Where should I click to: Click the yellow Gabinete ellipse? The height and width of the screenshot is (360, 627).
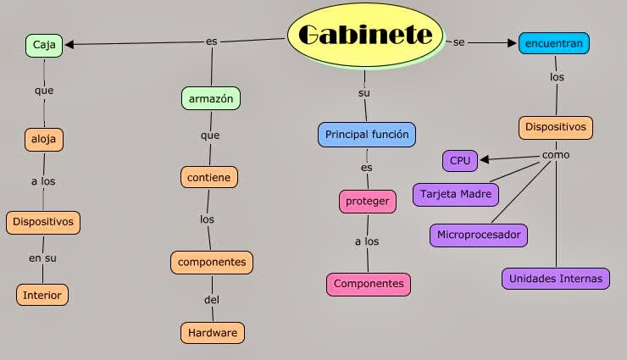(x=365, y=34)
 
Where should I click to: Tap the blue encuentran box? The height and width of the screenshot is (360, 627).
(x=554, y=43)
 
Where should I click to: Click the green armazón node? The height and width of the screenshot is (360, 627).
(x=211, y=98)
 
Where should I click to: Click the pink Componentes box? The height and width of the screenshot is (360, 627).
(x=369, y=284)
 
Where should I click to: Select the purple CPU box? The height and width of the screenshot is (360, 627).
(x=460, y=159)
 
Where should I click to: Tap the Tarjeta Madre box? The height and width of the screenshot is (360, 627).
(x=456, y=193)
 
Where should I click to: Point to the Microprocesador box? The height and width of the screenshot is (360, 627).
(x=479, y=235)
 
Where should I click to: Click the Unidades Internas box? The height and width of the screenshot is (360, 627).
(x=555, y=278)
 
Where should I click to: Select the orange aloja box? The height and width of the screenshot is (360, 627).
(x=43, y=138)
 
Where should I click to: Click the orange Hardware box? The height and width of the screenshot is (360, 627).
(x=213, y=332)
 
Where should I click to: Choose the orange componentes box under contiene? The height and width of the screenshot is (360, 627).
(x=212, y=262)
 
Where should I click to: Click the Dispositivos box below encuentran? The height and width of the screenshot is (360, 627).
(x=555, y=127)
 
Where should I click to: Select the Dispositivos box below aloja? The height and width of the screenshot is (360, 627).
(x=43, y=222)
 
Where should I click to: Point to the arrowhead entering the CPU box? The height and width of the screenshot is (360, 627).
(x=484, y=158)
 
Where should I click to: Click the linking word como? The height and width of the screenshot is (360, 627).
(x=556, y=155)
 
